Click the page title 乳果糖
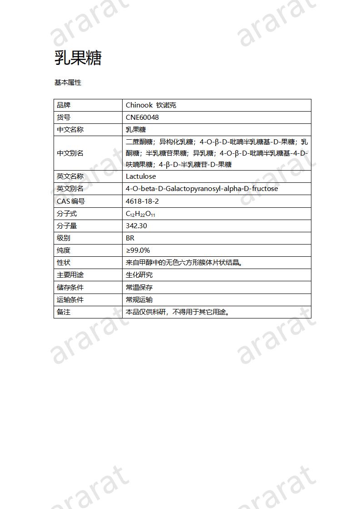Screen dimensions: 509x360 click(x=78, y=58)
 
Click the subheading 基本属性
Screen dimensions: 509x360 click(x=68, y=83)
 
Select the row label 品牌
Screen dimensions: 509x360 click(x=64, y=105)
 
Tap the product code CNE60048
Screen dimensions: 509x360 click(x=142, y=117)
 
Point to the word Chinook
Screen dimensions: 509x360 click(x=139, y=105)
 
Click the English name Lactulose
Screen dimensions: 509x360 click(x=141, y=176)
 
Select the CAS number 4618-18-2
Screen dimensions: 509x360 click(x=142, y=201)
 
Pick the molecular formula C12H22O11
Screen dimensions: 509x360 click(x=143, y=214)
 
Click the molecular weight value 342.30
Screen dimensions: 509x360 click(x=136, y=226)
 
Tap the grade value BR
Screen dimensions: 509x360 click(x=130, y=238)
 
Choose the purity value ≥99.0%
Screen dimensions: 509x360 click(x=138, y=250)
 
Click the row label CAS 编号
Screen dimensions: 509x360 click(x=71, y=201)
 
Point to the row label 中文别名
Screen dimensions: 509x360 click(x=70, y=153)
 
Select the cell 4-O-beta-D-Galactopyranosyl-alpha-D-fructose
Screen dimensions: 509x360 click(x=202, y=189)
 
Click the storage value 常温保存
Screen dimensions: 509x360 click(x=139, y=287)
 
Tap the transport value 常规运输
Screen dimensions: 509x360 click(x=139, y=299)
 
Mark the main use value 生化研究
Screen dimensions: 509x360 click(x=139, y=275)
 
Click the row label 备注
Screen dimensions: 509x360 click(x=64, y=312)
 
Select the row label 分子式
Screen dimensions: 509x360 click(x=67, y=214)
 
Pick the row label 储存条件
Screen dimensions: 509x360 click(x=70, y=287)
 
